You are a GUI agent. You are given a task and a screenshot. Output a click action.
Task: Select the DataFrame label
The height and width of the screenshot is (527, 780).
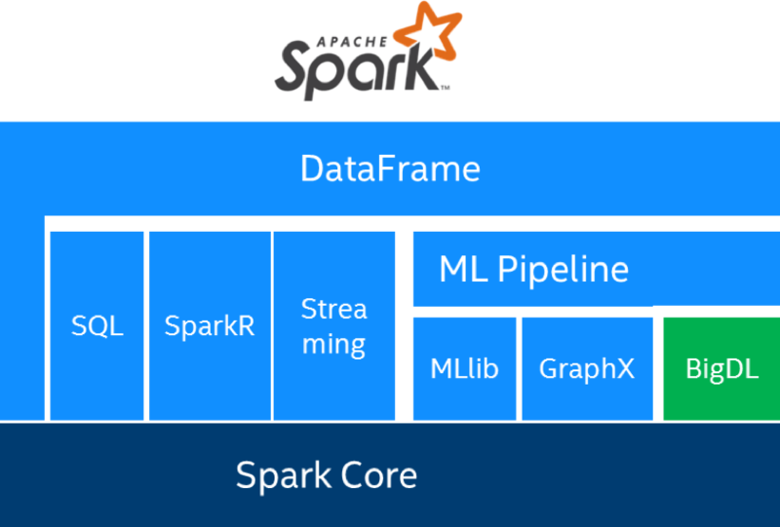coord(390,169)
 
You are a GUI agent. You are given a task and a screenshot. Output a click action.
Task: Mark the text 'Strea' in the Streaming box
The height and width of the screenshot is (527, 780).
coord(333,310)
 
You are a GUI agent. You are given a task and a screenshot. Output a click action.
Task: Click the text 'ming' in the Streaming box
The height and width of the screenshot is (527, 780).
coord(333,344)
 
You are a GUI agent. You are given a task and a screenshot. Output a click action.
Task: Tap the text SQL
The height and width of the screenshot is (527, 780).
coord(97,325)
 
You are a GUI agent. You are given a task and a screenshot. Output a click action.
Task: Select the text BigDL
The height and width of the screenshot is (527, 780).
coord(721,369)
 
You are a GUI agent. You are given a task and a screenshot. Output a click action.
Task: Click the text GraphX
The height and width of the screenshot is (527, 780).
coord(586,369)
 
